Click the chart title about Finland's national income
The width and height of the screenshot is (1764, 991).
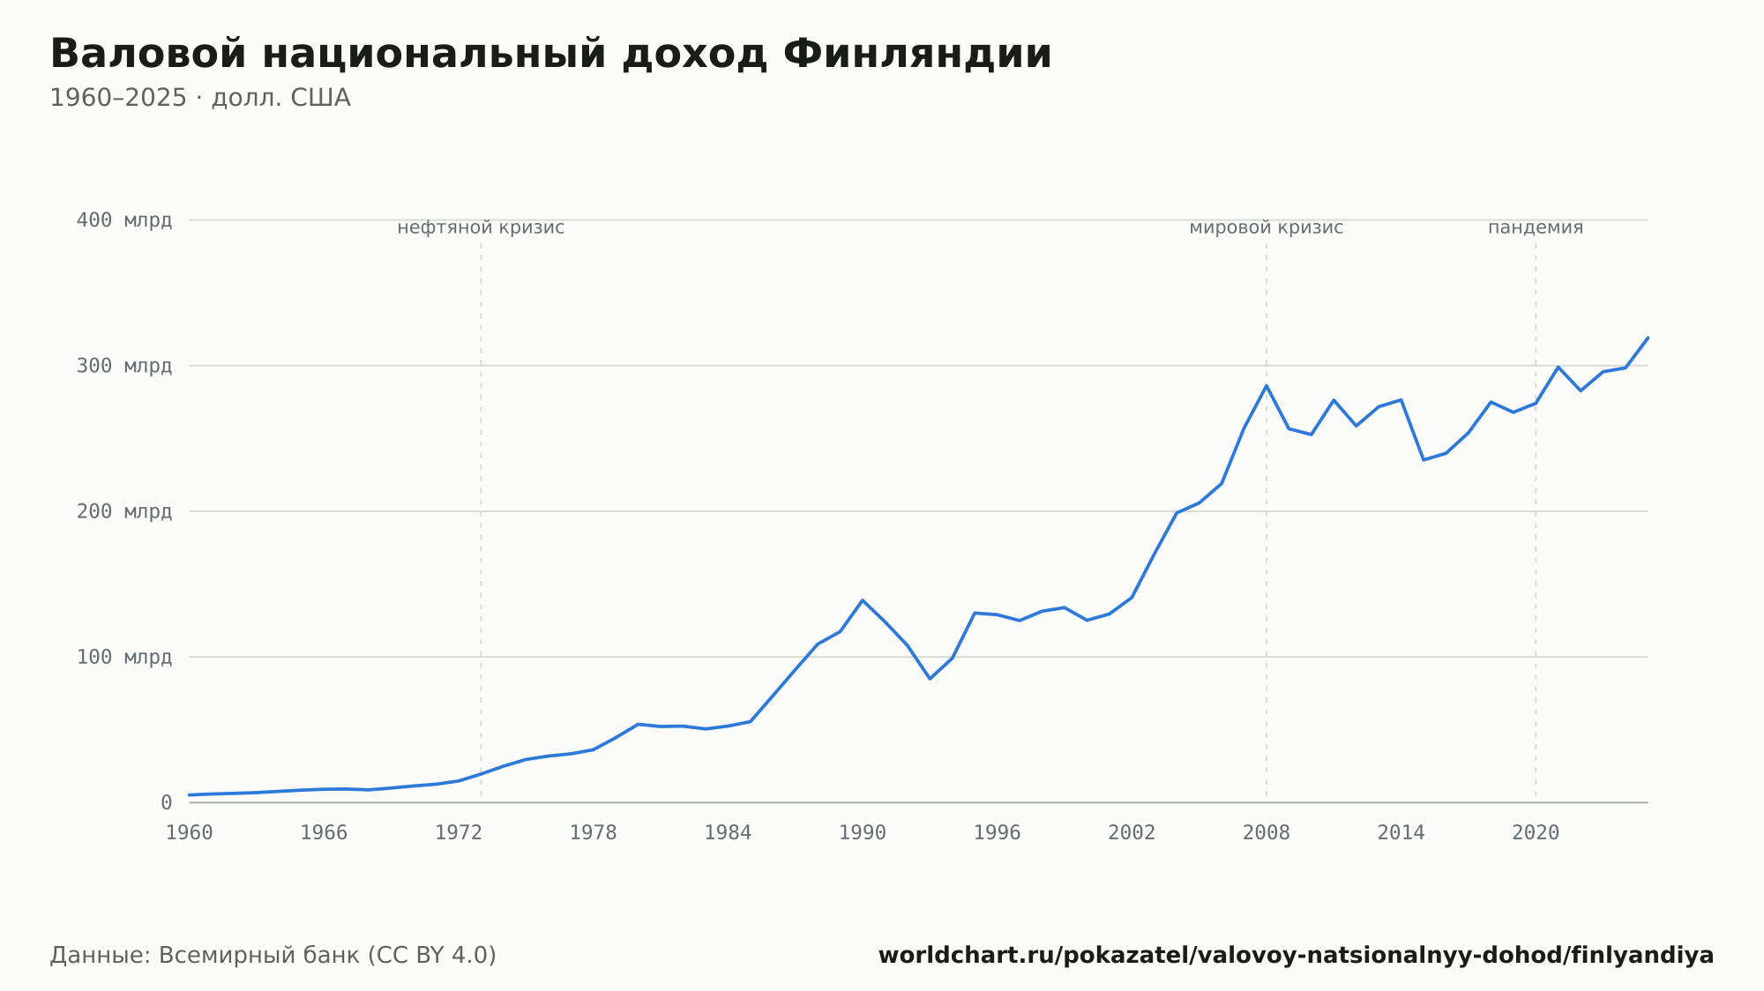551,54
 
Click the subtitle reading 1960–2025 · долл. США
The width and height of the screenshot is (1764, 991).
200,98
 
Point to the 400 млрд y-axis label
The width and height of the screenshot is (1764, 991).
124,220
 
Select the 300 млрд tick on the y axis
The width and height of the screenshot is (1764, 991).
124,365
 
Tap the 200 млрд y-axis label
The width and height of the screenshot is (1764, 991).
124,511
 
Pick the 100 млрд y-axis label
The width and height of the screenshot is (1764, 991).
124,657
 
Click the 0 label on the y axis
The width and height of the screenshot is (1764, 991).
167,802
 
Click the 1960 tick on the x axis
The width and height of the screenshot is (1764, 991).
190,833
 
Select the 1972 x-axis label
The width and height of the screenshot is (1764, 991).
459,833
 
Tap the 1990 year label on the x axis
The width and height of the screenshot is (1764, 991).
863,833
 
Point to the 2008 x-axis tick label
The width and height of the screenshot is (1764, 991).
1267,833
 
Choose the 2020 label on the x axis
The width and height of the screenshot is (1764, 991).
1536,833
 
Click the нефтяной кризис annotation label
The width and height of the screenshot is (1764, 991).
481,227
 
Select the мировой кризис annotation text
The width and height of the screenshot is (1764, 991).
1267,227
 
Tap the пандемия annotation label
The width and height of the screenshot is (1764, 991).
1536,227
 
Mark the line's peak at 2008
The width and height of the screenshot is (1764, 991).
1267,385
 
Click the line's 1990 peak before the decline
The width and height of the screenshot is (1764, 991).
863,600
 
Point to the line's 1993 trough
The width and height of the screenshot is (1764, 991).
930,678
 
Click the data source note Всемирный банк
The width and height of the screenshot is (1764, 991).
273,955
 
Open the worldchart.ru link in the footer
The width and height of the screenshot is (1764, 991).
1296,955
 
